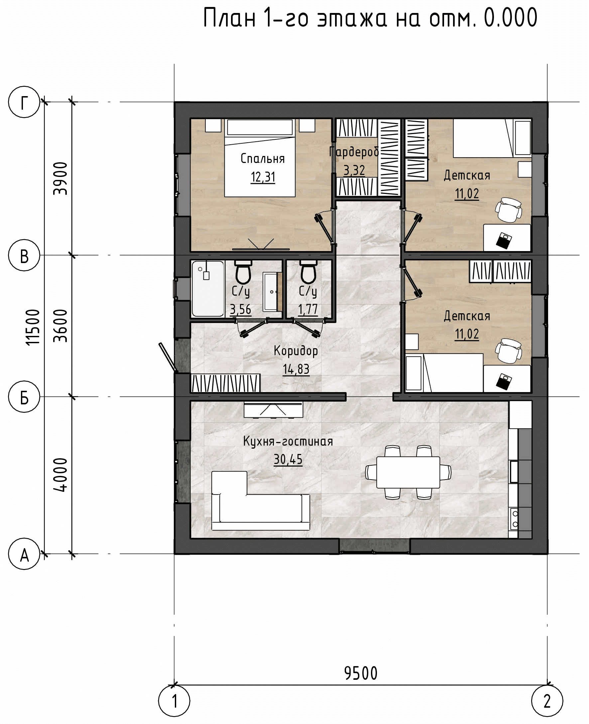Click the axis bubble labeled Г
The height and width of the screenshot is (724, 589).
[24, 102]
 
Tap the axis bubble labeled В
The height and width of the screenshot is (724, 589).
[24, 255]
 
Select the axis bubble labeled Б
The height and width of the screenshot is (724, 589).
[24, 396]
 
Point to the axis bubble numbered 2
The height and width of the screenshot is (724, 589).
[547, 701]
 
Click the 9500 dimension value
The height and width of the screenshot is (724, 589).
[361, 673]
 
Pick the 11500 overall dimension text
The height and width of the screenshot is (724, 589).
[33, 327]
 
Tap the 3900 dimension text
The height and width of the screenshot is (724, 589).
[60, 179]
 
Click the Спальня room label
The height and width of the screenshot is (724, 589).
[263, 159]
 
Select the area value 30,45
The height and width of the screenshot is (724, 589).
[288, 459]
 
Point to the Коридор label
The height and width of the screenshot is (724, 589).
[296, 351]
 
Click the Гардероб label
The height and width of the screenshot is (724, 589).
[354, 152]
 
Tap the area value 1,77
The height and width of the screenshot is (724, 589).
[308, 309]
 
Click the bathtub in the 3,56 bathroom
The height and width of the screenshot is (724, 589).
[208, 289]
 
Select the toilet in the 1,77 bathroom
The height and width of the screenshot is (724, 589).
[308, 272]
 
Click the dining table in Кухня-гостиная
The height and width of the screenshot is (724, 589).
[408, 472]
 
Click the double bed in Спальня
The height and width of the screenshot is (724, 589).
[260, 158]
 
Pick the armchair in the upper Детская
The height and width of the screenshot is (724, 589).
[508, 210]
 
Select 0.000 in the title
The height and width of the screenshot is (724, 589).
[511, 18]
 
